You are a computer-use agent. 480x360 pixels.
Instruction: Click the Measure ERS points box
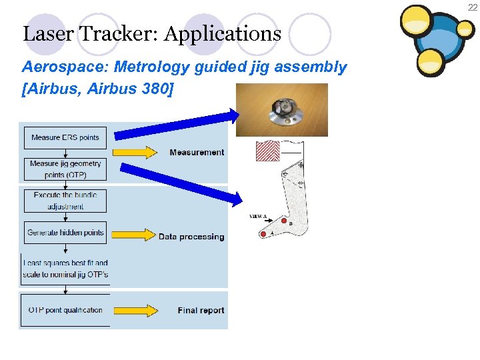click(65, 137)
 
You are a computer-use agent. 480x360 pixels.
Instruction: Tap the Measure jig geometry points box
click(65, 169)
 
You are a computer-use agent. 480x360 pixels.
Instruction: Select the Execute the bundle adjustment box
click(65, 201)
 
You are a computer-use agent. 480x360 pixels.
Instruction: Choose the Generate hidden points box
click(65, 233)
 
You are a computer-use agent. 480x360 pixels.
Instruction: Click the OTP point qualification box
click(65, 310)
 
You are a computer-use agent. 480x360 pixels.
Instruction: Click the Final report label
click(201, 310)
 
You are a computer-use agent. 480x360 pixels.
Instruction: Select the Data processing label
click(191, 237)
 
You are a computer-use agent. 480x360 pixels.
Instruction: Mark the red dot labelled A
click(263, 233)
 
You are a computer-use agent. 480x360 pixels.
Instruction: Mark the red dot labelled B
click(283, 221)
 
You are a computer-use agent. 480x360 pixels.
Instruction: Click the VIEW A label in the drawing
click(257, 216)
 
